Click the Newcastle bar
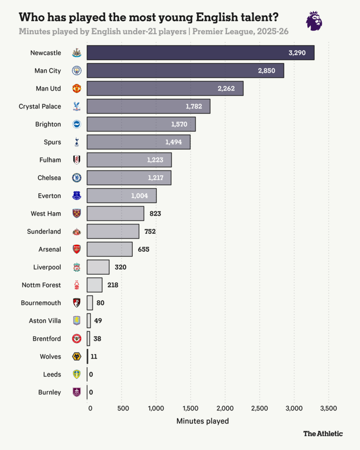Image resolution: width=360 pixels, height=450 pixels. click(200, 53)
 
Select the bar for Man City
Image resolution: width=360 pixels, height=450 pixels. click(185, 71)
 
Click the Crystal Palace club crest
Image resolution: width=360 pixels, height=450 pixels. click(76, 106)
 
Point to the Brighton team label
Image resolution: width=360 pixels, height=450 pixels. click(48, 124)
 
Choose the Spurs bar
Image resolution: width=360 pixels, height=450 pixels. click(138, 142)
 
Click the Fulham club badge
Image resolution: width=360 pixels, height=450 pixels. click(76, 160)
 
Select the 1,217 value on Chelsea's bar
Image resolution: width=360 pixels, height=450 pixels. click(155, 178)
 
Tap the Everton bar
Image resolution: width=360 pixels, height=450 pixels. click(121, 196)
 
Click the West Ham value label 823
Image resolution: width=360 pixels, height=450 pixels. click(155, 214)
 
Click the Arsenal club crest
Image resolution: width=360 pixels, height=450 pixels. click(76, 249)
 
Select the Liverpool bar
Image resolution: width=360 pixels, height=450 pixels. click(98, 267)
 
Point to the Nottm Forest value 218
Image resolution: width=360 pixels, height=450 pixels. click(113, 285)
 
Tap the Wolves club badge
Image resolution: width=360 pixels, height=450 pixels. click(76, 356)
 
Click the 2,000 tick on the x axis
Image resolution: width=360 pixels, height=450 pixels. click(225, 408)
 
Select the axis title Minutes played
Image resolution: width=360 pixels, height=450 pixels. click(203, 421)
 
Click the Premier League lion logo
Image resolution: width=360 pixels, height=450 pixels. click(314, 21)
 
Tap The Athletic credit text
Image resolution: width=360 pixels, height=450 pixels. click(323, 434)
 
